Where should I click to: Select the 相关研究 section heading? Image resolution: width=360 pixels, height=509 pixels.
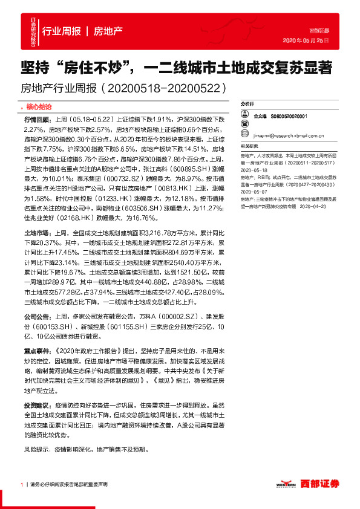(x=249, y=146)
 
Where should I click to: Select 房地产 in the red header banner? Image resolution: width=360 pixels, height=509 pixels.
(x=109, y=30)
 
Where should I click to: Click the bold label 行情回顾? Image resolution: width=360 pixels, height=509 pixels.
(x=36, y=120)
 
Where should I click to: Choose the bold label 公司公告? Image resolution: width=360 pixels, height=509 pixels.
(x=36, y=316)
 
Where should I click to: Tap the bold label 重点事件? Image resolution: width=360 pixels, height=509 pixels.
(x=36, y=350)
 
